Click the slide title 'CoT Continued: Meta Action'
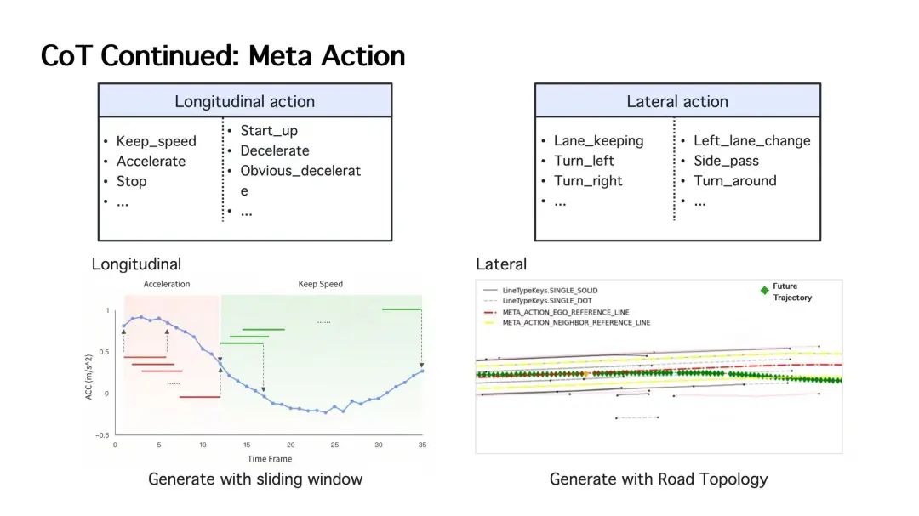[223, 56]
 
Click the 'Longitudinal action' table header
[245, 101]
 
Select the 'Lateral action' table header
[677, 101]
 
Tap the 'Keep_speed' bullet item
[156, 141]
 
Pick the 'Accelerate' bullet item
[151, 161]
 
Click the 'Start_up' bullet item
[269, 131]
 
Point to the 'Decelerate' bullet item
[275, 150]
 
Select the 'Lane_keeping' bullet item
[598, 140]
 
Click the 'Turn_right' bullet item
[588, 181]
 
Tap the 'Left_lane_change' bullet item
[752, 140]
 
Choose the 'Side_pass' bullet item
[726, 161]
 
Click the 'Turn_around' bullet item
[735, 181]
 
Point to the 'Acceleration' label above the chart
[167, 284]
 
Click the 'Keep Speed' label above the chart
[320, 284]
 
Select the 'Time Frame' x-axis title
[270, 458]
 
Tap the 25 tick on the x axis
[334, 445]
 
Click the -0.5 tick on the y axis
[102, 435]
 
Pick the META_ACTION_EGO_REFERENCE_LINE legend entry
[566, 312]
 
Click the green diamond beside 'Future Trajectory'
[764, 291]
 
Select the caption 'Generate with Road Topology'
[658, 479]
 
